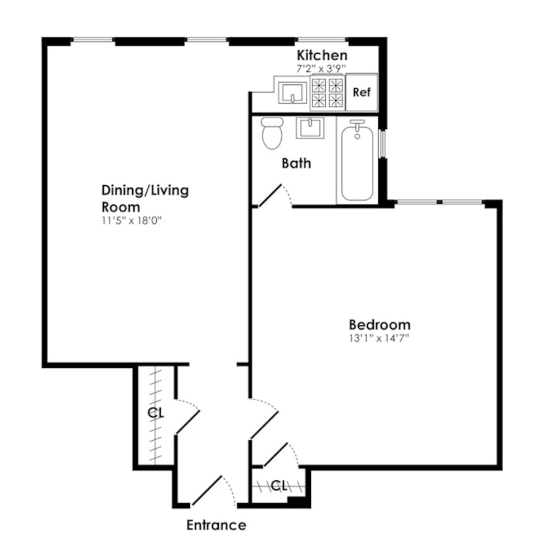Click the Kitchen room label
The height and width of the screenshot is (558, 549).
click(x=321, y=55)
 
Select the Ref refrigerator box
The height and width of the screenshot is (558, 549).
click(x=362, y=92)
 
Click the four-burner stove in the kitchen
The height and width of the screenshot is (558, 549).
click(x=326, y=92)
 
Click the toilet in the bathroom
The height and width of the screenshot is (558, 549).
click(x=272, y=133)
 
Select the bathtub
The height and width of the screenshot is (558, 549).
click(x=357, y=162)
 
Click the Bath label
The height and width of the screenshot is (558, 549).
click(x=296, y=163)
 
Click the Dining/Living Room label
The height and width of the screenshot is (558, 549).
click(x=145, y=198)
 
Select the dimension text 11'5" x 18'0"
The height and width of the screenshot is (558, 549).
click(x=132, y=220)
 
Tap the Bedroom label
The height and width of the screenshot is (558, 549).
click(x=379, y=324)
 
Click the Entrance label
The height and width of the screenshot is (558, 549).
click(x=216, y=525)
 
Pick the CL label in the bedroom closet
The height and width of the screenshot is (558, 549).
click(x=279, y=485)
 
